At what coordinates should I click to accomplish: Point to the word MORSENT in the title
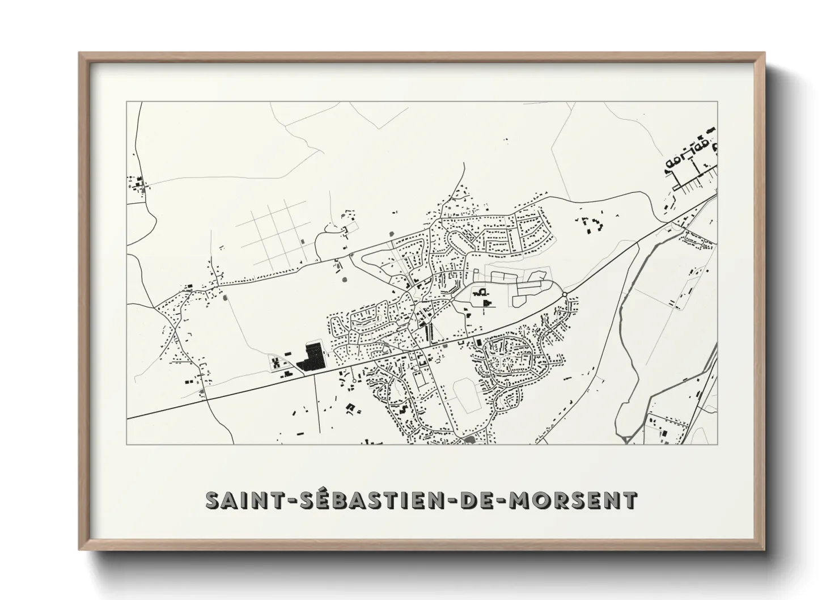573,501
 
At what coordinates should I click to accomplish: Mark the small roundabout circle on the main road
565,293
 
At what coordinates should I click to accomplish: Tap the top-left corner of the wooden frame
80,54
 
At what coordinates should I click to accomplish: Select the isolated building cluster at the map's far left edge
137,184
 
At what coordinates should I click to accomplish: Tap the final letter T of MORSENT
630,501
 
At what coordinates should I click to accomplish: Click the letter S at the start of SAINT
212,501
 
